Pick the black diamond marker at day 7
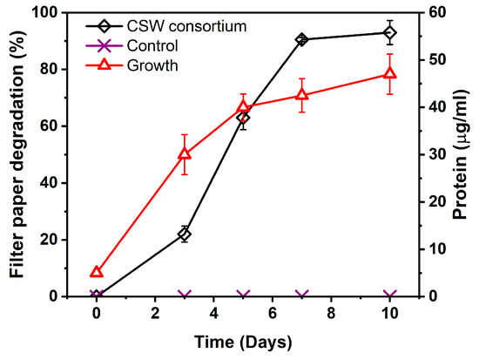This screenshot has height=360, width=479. [302, 39]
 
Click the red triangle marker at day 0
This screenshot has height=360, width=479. [97, 272]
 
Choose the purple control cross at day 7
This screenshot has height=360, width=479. [302, 296]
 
